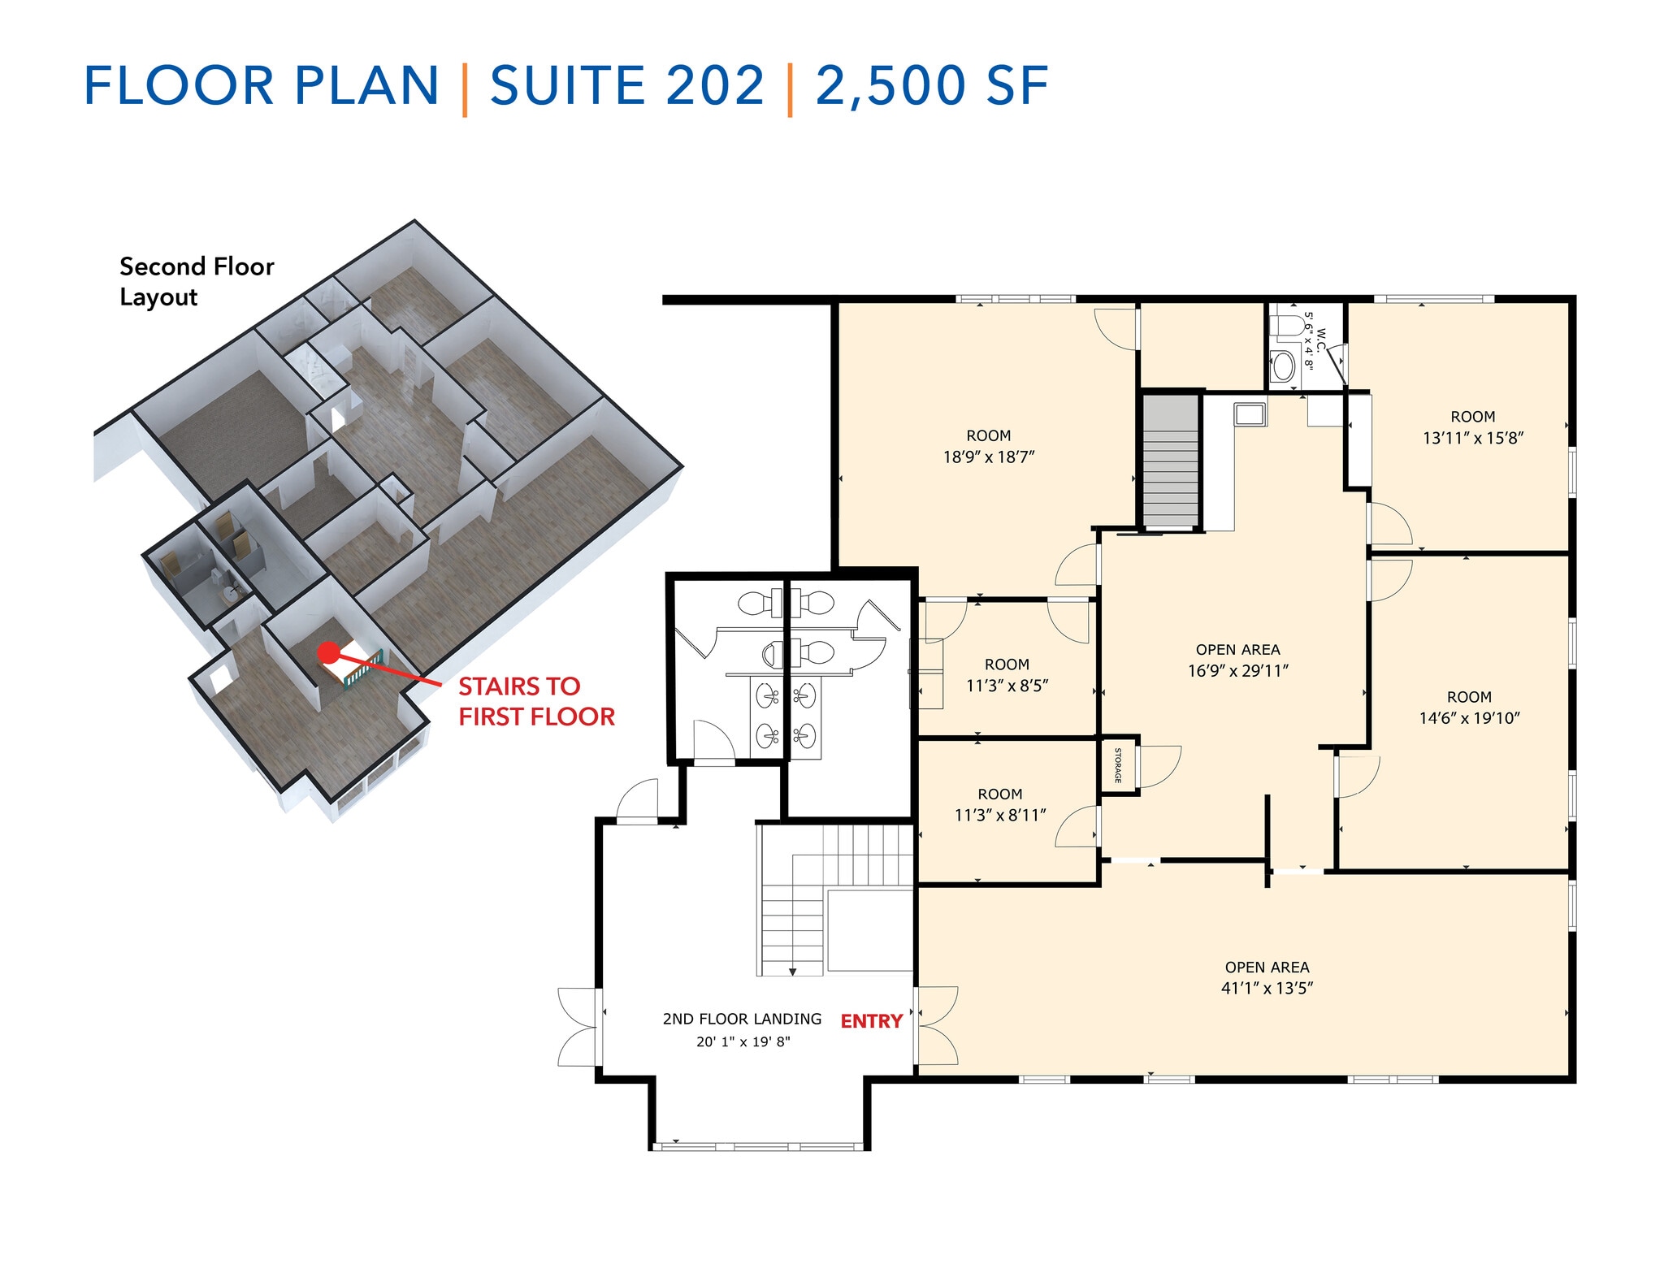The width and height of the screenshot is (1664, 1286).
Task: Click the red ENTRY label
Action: (x=871, y=1021)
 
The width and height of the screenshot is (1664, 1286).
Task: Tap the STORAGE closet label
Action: (x=1118, y=765)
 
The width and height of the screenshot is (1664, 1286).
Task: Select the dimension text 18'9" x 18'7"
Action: (x=988, y=457)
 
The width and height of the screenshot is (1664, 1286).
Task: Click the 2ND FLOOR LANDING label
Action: (x=742, y=1019)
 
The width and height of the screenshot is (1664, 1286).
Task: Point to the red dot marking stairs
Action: (x=327, y=652)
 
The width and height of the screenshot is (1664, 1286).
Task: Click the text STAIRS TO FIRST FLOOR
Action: (x=535, y=702)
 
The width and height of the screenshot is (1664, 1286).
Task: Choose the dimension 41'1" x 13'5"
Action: (x=1267, y=989)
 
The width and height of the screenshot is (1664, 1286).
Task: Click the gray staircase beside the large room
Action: (x=1171, y=461)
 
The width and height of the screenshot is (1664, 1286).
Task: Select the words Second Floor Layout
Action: (x=196, y=281)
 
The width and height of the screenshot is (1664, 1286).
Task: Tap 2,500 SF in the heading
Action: (x=931, y=86)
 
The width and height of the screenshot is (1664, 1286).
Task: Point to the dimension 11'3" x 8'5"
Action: (x=1006, y=686)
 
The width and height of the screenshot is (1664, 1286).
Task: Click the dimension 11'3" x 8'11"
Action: (x=999, y=816)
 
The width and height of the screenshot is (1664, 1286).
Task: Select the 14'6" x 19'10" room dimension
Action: (x=1469, y=718)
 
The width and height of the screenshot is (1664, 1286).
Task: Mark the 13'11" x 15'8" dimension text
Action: (x=1472, y=438)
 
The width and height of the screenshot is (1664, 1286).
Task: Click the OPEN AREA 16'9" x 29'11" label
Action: (x=1237, y=660)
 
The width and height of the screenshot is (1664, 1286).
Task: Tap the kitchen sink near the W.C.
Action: (x=1249, y=414)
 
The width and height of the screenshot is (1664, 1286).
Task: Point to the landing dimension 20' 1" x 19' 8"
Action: (x=743, y=1041)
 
